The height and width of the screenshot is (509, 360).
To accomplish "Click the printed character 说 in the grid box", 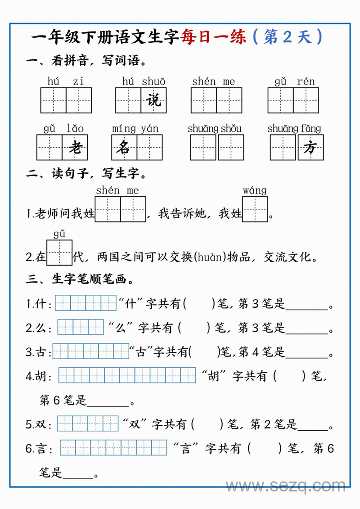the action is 154,100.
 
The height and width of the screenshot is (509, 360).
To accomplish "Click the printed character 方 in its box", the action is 310,147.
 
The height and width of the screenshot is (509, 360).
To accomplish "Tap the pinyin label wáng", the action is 255,190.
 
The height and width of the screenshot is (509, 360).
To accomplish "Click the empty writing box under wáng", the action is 255,209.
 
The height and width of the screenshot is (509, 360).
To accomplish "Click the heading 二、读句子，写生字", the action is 86,173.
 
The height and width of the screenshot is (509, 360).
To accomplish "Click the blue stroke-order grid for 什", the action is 85,303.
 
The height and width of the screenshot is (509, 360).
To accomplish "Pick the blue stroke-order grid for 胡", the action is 127,375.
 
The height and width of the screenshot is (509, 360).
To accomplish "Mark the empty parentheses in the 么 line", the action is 194,327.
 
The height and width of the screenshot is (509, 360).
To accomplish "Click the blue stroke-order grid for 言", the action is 113,448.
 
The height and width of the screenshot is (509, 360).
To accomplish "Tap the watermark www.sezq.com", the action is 285,486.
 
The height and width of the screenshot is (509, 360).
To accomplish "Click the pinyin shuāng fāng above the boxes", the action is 294,129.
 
